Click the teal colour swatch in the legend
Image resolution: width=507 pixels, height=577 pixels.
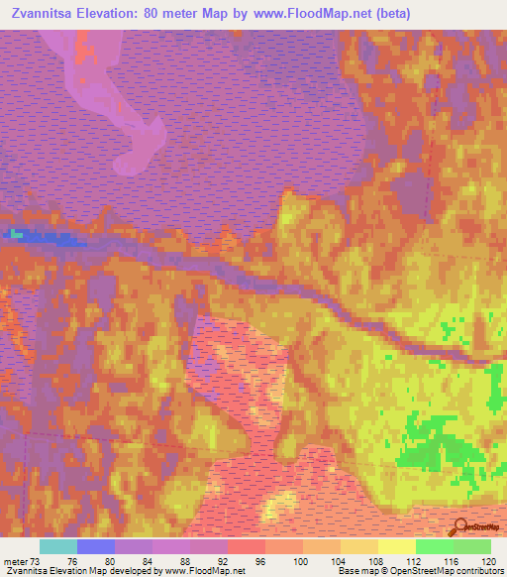pos(58,546)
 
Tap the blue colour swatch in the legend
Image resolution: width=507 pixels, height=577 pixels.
pos(96,546)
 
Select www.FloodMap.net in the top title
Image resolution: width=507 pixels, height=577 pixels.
pos(311,14)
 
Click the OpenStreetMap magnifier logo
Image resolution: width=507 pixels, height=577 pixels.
pos(460,526)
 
